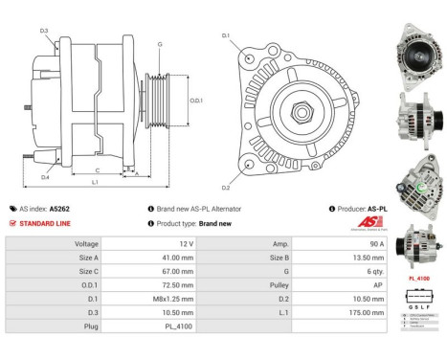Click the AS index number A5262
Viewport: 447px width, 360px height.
[x=59, y=208]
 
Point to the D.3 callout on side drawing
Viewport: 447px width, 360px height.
[x=44, y=32]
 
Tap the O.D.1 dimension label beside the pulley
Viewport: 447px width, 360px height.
[x=196, y=101]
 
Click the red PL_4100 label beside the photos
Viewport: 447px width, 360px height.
[x=417, y=279]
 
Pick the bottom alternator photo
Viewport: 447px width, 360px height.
[x=417, y=244]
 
